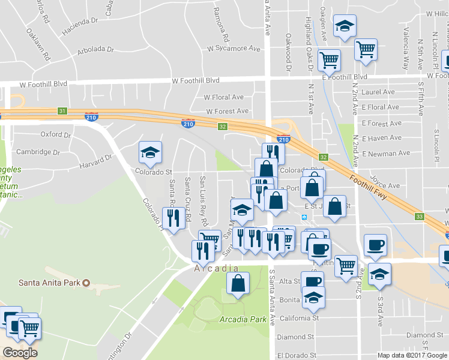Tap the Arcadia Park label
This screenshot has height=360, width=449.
(x=243, y=319)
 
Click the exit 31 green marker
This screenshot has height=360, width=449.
(x=62, y=111)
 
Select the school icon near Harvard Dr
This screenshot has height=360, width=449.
(x=150, y=152)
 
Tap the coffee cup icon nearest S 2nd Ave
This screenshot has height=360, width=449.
(x=376, y=245)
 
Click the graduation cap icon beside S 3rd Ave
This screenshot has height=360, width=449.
(x=379, y=274)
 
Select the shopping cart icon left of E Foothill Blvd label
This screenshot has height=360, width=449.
(x=329, y=60)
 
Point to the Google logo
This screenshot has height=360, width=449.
(x=20, y=353)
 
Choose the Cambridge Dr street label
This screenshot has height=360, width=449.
(x=38, y=152)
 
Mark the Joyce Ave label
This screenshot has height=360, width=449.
(x=385, y=186)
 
